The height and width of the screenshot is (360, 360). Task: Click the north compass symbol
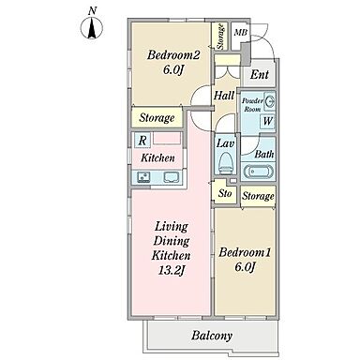click(x=92, y=28)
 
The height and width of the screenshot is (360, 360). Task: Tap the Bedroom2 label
click(x=173, y=55)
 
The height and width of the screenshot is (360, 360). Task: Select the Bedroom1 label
click(x=245, y=252)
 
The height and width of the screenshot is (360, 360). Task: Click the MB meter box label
click(x=241, y=32)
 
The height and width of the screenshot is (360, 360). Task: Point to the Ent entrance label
click(x=260, y=74)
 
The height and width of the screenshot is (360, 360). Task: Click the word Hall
click(x=224, y=96)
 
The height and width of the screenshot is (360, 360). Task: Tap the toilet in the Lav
click(x=224, y=163)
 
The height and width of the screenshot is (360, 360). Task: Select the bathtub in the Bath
click(x=258, y=172)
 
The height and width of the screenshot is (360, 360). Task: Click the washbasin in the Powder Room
click(x=270, y=101)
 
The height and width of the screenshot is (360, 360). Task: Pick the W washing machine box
click(x=267, y=121)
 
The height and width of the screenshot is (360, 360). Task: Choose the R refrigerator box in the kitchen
click(x=142, y=140)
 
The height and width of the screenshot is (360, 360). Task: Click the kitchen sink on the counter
click(x=171, y=177)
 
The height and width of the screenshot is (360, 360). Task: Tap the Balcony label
click(x=212, y=336)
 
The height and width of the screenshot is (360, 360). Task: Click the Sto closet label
click(x=225, y=193)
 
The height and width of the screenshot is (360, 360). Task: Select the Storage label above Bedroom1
click(x=258, y=196)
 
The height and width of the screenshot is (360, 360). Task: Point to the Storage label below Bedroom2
click(x=157, y=118)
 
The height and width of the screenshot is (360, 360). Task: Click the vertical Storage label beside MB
click(x=220, y=37)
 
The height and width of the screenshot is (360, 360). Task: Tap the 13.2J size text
click(x=171, y=270)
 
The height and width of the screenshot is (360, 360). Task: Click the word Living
click(x=172, y=227)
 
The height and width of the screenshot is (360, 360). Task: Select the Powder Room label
click(x=252, y=105)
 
